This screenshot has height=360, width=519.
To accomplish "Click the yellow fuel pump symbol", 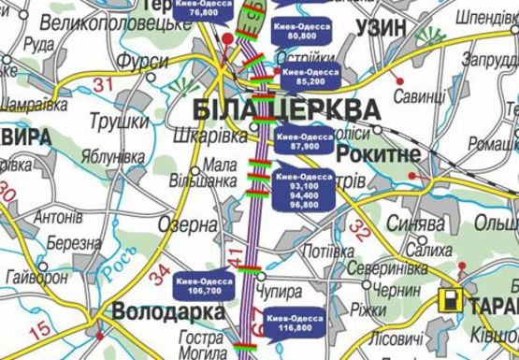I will pos(451,301).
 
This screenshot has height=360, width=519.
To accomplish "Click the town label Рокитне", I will pos(375,153).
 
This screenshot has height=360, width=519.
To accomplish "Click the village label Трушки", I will pos(120,122).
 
